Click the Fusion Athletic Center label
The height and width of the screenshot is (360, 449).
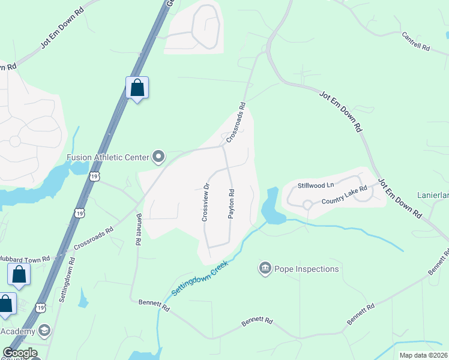(x=107, y=158)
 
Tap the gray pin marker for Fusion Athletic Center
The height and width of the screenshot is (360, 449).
(x=159, y=157)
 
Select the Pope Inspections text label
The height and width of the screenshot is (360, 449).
(x=307, y=269)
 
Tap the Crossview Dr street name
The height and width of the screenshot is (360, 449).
(x=205, y=202)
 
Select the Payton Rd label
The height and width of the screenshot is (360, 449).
(x=231, y=204)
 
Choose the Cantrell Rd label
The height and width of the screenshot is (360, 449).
(x=416, y=41)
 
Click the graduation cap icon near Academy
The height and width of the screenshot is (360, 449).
(x=44, y=331)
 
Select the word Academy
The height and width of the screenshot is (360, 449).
(x=18, y=332)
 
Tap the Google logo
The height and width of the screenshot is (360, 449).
(x=20, y=353)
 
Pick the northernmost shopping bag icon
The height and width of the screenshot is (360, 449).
(x=137, y=88)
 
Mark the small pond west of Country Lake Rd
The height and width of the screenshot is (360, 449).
(x=270, y=207)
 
